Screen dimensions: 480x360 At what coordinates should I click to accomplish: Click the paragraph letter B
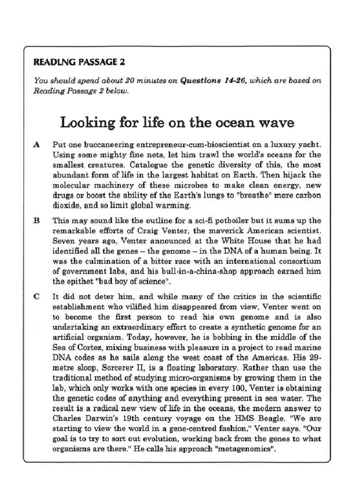[x=37, y=220]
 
